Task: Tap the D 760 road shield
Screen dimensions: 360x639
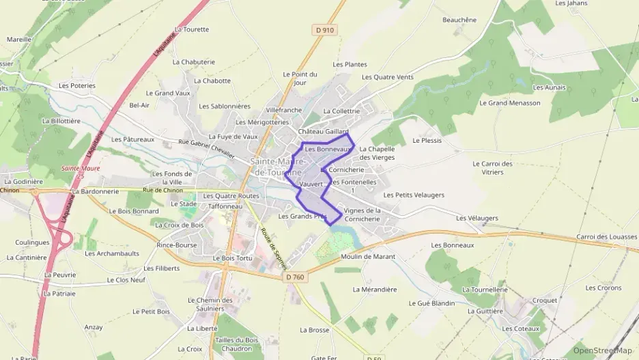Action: (x=294, y=277)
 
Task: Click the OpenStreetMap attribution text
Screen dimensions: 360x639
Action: (x=602, y=350)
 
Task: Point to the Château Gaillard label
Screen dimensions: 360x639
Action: (x=324, y=131)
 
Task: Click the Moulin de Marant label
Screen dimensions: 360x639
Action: (x=367, y=256)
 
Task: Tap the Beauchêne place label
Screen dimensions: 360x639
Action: (x=459, y=20)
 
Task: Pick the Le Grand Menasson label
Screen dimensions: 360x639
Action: (x=509, y=103)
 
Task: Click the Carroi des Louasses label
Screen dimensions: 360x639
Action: (x=607, y=237)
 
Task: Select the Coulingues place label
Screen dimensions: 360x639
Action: (x=32, y=243)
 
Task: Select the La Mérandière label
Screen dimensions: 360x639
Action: (x=374, y=289)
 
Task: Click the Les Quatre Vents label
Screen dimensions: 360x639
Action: (x=387, y=77)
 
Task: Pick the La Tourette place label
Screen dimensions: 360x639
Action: (x=191, y=29)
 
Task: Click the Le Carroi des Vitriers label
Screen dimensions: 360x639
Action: (x=492, y=168)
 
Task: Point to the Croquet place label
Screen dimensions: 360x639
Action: (x=545, y=300)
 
